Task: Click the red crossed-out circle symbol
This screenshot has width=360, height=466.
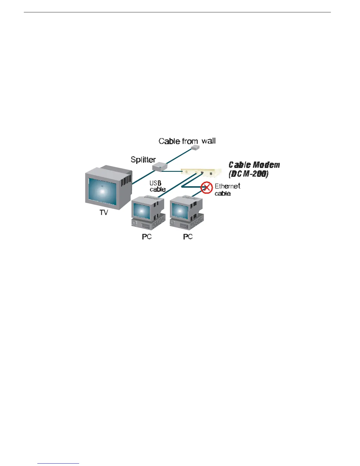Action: [207, 187]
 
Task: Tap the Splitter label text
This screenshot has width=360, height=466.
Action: [143, 160]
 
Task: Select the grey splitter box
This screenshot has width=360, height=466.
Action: [160, 167]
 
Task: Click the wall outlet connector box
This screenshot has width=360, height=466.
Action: [194, 148]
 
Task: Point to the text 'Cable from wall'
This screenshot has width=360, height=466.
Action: [187, 141]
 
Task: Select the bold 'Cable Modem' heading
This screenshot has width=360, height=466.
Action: [254, 165]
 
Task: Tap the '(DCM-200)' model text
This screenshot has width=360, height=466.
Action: [249, 174]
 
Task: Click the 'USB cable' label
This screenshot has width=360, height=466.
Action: [157, 187]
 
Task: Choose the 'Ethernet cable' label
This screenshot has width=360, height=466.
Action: [227, 189]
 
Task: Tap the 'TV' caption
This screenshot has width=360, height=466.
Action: [104, 212]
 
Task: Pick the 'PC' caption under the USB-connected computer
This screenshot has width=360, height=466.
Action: [147, 237]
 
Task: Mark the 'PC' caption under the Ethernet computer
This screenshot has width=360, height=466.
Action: [188, 237]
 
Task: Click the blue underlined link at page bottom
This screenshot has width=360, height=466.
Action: [59, 463]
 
